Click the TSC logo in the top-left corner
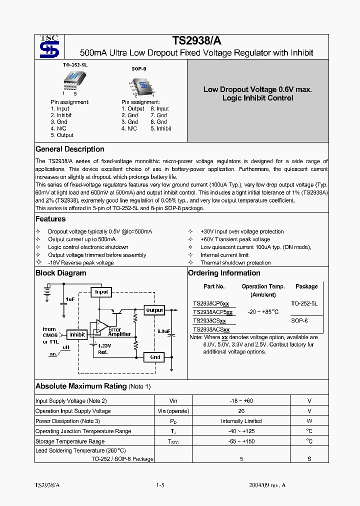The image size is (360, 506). click(49, 46)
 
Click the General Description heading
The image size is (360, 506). click(70, 149)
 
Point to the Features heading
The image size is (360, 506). click(50, 219)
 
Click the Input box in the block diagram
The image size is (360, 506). click(101, 292)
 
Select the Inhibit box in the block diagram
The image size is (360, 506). click(77, 334)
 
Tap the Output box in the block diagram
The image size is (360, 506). click(154, 310)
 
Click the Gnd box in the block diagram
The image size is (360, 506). click(154, 357)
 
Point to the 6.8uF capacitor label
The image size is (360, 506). click(163, 331)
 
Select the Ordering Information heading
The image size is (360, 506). click(224, 273)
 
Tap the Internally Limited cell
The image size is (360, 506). click(241, 421)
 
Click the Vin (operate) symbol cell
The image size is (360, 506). click(173, 411)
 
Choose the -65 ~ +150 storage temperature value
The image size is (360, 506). click(241, 441)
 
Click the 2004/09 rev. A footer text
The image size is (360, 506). click(267, 485)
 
